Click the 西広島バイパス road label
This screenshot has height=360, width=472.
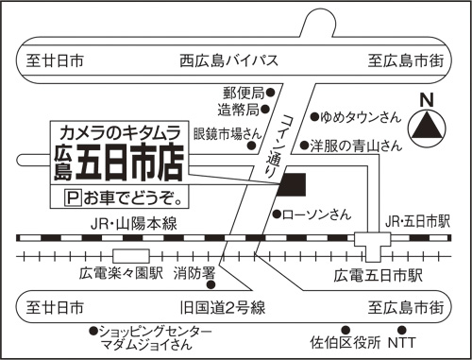[x=228, y=61]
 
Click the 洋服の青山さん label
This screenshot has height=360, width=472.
[x=358, y=146]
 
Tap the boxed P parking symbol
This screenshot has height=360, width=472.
[x=69, y=198]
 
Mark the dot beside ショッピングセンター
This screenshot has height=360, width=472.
[x=93, y=330]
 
